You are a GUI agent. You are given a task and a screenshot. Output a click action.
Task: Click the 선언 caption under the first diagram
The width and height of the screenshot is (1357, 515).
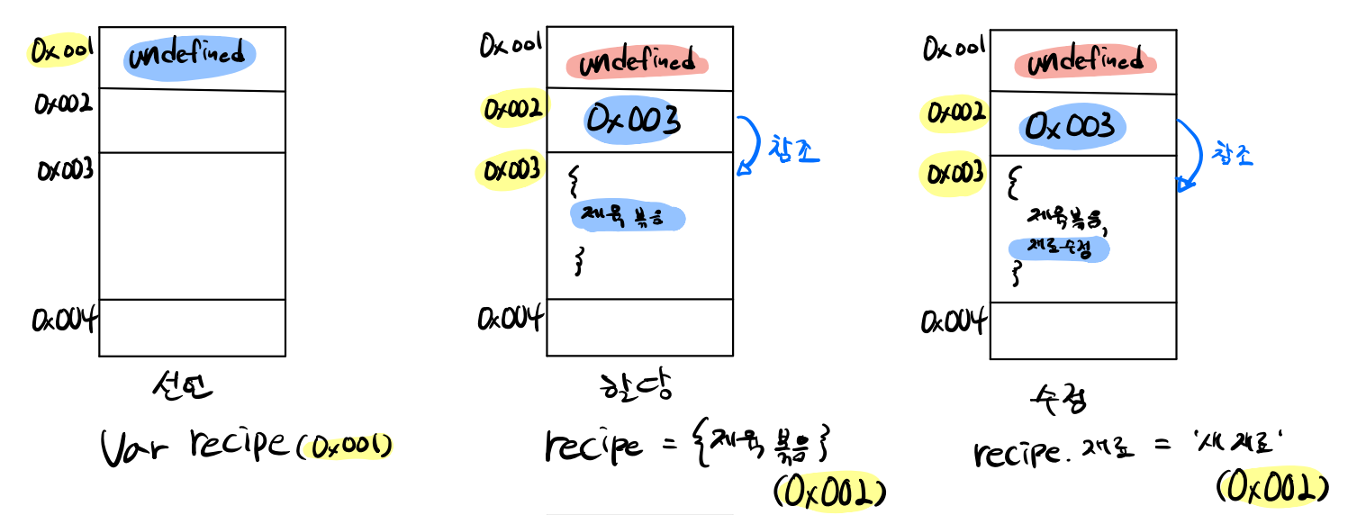click(184, 389)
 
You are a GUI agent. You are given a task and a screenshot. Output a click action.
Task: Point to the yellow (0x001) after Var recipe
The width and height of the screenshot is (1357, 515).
click(349, 447)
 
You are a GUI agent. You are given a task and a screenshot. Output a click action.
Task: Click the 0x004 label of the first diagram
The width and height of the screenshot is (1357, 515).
click(64, 319)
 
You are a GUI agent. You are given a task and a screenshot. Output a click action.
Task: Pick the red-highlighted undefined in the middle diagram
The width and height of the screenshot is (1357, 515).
click(637, 64)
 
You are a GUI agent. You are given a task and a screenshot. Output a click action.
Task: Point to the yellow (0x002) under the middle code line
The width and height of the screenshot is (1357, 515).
click(829, 492)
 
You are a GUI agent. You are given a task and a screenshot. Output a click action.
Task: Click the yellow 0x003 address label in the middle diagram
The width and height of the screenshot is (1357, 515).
click(511, 171)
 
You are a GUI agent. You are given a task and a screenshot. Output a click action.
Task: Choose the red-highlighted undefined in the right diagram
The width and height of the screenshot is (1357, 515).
click(1084, 62)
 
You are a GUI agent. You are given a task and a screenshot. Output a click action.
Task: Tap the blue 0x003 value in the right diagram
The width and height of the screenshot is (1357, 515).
click(1072, 125)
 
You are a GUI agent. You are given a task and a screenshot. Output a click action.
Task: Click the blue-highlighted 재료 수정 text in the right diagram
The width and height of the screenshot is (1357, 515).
click(1058, 249)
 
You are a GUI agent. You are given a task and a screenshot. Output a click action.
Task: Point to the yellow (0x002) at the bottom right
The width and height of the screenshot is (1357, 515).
click(1272, 488)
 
